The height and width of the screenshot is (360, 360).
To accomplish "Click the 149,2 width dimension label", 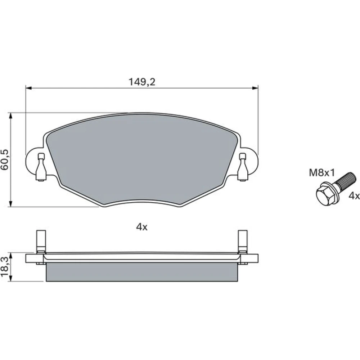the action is [142, 82].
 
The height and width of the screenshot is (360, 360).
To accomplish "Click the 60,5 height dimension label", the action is [5, 159].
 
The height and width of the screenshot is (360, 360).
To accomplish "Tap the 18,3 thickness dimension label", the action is [5, 267].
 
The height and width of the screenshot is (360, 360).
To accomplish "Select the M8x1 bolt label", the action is [322, 173].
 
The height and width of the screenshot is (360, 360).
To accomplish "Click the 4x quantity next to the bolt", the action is [354, 196].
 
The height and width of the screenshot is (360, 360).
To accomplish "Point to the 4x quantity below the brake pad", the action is [141, 227].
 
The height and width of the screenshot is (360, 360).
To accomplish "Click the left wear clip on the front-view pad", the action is [41, 167].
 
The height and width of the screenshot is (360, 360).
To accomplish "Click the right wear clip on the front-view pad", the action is [243, 167].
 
